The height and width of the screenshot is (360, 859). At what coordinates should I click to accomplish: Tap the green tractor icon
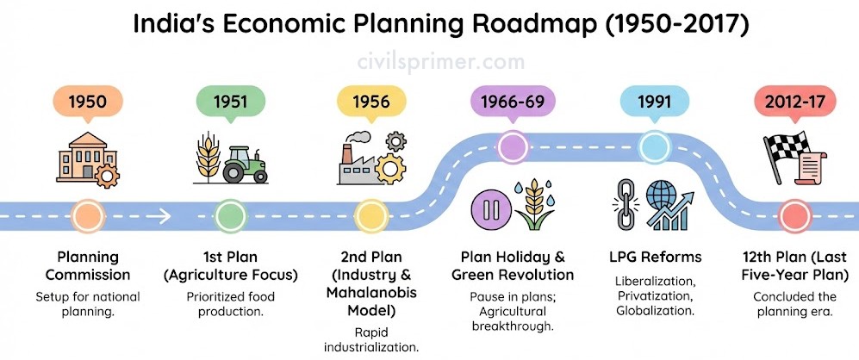[245, 164]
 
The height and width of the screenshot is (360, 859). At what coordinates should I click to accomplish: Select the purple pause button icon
[490, 209]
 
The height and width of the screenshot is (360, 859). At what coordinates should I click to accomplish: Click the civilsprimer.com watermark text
[428, 62]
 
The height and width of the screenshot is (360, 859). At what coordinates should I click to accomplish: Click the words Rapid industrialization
[370, 339]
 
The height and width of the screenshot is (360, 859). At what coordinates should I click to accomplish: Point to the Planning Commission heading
[87, 266]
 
